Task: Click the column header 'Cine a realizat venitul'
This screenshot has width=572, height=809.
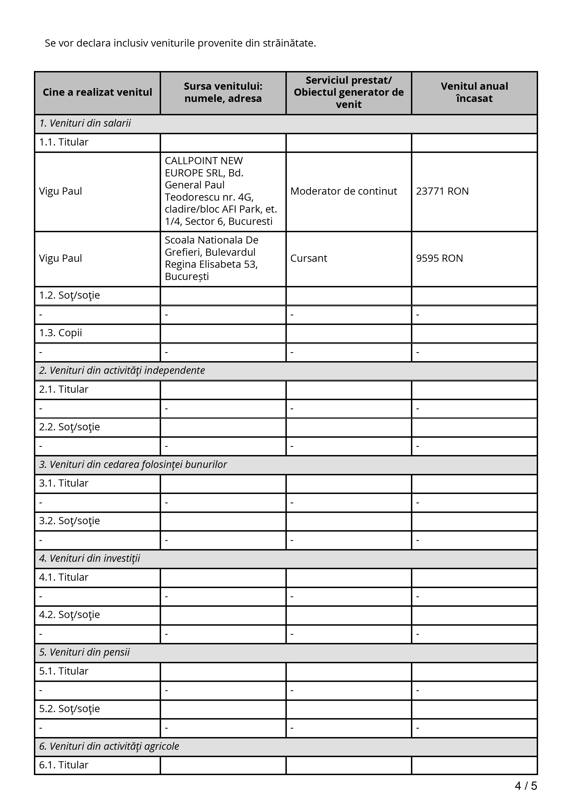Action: click(97, 92)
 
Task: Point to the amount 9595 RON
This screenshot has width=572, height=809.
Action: click(439, 258)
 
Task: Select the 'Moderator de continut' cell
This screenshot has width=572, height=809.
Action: click(343, 191)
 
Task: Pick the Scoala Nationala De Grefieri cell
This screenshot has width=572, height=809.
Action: click(211, 258)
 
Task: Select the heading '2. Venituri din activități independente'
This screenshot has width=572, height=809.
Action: click(122, 371)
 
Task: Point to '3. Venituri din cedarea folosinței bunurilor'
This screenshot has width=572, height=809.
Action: click(133, 465)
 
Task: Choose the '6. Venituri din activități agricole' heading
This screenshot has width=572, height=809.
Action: click(109, 746)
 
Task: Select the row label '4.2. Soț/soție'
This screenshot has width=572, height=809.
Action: click(69, 615)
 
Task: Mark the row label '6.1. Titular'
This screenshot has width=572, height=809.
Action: click(63, 765)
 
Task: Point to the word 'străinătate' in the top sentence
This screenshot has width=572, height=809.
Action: click(289, 43)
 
